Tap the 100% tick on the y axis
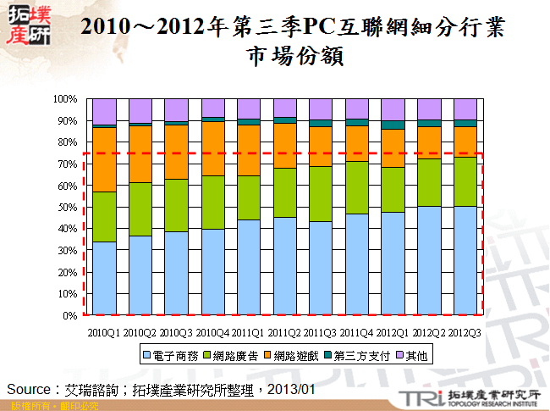(x=66, y=99)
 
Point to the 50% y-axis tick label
(x=68, y=207)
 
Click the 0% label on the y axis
(x=71, y=315)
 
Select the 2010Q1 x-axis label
(x=104, y=332)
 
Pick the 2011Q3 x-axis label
(x=321, y=332)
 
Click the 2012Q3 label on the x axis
(x=465, y=332)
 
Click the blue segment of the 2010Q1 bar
(x=104, y=278)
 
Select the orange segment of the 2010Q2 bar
(x=140, y=153)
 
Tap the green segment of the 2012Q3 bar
(x=465, y=181)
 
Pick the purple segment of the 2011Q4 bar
(x=357, y=108)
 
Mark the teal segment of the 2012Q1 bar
(x=393, y=125)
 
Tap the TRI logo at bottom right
(x=421, y=396)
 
